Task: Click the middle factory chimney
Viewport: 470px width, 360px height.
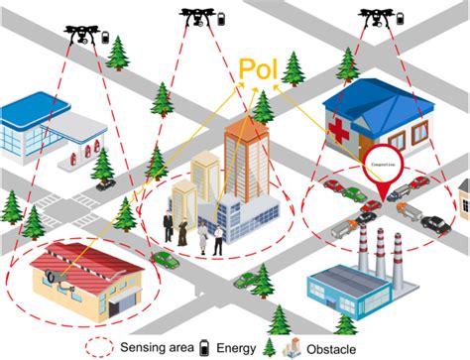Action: pyautogui.click(x=378, y=249)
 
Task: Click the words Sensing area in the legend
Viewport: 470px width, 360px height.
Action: pyautogui.click(x=155, y=347)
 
